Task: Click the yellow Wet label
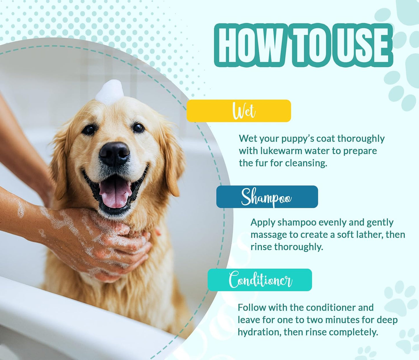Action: pos(239,111)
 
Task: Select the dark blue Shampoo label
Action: pos(267,197)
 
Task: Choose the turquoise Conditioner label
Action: pos(260,280)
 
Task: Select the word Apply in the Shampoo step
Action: pos(263,222)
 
